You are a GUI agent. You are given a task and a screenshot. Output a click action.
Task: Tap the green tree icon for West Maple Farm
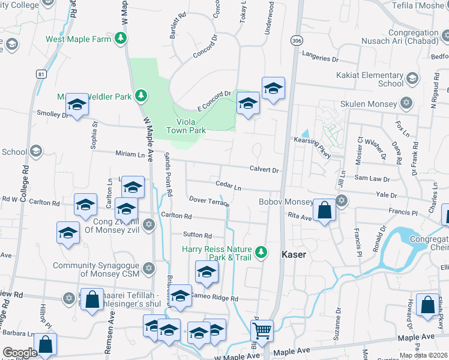click(121, 38)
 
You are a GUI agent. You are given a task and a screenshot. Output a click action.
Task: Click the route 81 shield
click(41, 74)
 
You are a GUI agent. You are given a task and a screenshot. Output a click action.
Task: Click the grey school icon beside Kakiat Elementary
click(412, 78)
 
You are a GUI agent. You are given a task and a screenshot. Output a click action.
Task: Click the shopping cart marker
click(262, 330)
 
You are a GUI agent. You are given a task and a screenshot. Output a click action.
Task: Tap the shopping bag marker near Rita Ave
click(324, 211)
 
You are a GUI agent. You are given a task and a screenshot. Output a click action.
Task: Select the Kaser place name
click(294, 254)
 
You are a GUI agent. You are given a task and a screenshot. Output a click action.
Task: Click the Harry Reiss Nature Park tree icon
click(261, 251)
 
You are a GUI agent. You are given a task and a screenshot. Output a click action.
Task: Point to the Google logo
click(20, 353)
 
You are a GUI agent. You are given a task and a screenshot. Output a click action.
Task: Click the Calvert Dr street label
click(264, 170)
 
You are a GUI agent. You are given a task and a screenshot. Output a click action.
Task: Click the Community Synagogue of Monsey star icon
click(148, 268)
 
